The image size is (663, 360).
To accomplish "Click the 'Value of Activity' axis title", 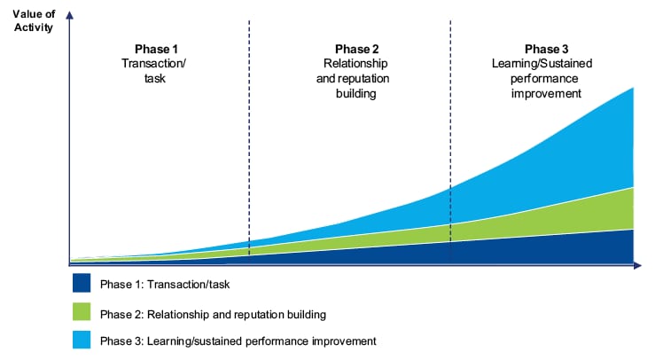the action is point(34,20).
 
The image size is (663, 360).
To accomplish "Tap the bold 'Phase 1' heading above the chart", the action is point(156,49).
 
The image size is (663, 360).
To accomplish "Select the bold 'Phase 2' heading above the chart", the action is point(357,49).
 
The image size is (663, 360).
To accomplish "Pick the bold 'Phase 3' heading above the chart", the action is point(546,49).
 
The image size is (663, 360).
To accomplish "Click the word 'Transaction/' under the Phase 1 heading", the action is point(154,64).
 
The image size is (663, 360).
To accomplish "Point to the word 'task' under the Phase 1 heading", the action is point(155,79).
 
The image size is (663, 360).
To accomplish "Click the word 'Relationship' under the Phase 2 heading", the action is point(355,64).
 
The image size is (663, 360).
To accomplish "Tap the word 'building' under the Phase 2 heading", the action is point(356,93).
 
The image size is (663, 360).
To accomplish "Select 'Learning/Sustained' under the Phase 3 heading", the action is point(542,64).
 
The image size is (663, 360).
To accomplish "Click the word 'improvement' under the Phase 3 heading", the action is point(546,93).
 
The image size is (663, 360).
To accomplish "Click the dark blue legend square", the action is point(82,283).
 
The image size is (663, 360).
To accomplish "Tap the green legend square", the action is point(82,312).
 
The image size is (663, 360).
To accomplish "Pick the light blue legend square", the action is point(82,340).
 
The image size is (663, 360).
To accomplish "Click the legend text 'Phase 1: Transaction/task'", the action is point(165,285).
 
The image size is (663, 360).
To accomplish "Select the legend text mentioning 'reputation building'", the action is point(213,315).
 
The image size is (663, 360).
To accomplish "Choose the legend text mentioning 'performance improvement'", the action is point(238,341).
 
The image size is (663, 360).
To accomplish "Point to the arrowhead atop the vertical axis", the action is point(70,15).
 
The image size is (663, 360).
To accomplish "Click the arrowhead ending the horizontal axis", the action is point(637,265).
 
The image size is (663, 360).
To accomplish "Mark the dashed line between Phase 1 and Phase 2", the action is point(249,137).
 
